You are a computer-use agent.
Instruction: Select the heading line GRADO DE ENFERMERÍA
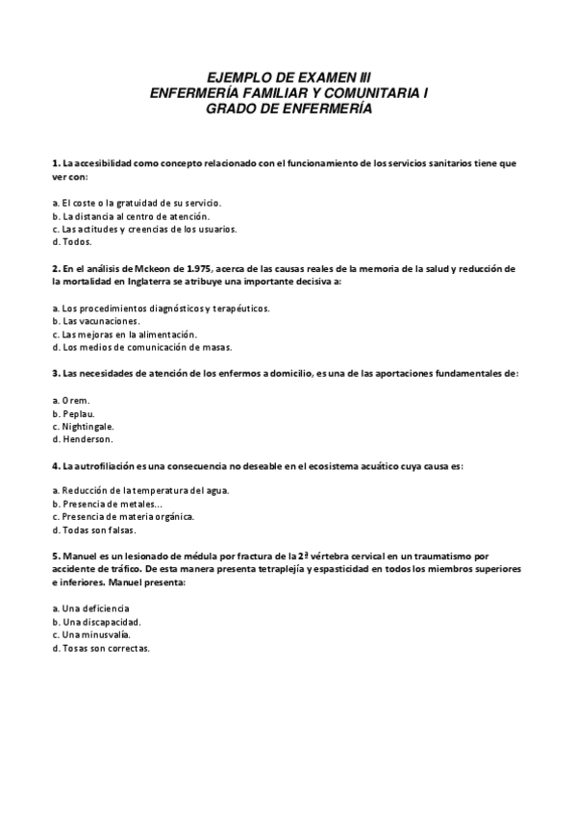point(288,109)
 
